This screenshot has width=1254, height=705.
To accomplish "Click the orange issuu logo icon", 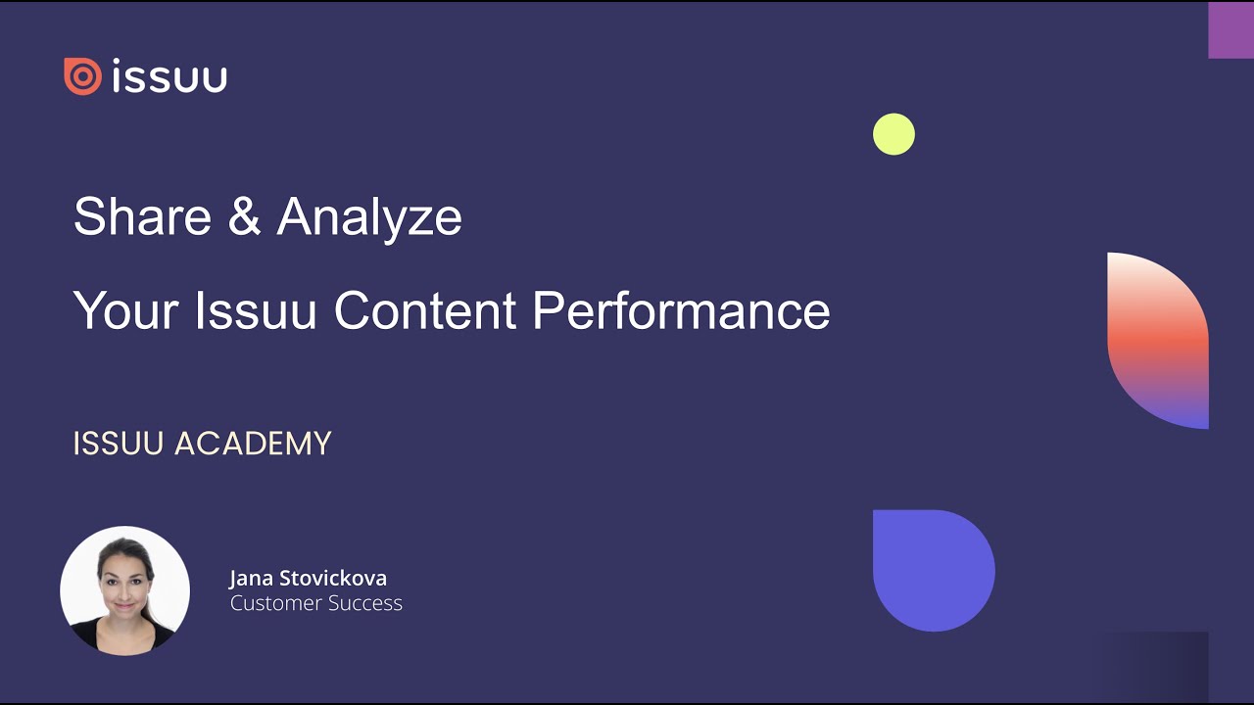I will [x=82, y=76].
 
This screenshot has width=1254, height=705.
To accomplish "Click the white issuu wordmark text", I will [x=170, y=76].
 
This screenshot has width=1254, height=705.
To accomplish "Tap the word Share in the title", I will [x=142, y=216].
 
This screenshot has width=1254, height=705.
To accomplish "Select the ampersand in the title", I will [x=244, y=216].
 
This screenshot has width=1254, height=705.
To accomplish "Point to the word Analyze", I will [x=369, y=217].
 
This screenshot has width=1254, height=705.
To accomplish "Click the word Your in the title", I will [x=125, y=311].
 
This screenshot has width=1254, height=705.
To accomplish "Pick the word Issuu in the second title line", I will [x=256, y=311].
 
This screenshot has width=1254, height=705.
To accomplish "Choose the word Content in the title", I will [x=425, y=311].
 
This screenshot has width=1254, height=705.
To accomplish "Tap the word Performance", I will [x=681, y=311].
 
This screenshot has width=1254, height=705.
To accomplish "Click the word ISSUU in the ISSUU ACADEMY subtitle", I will [x=120, y=444].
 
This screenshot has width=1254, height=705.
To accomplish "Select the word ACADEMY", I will [x=253, y=444].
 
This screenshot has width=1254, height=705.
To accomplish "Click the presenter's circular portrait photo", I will [x=124, y=590].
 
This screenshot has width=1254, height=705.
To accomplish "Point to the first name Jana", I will [x=252, y=578].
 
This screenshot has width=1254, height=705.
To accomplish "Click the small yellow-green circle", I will [x=893, y=134].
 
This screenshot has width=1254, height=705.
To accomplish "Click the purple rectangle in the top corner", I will [x=1230, y=30].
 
